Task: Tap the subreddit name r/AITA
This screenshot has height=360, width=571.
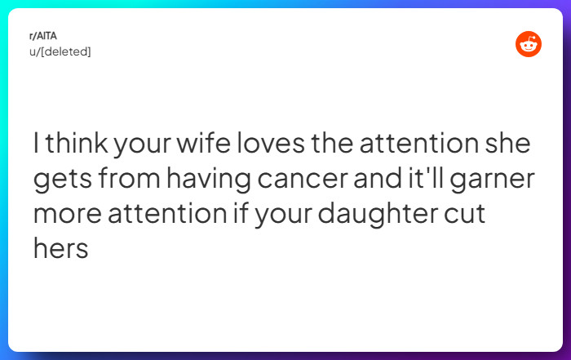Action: click(x=43, y=36)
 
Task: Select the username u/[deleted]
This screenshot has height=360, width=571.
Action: click(x=60, y=51)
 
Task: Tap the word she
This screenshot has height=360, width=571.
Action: click(x=507, y=144)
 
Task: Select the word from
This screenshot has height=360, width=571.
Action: click(x=126, y=180)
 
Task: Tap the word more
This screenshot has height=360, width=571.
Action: click(x=64, y=215)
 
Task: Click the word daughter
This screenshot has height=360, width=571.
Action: click(x=372, y=215)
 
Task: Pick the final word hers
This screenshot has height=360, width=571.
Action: click(x=60, y=249)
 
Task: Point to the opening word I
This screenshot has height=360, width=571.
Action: click(x=36, y=144)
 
